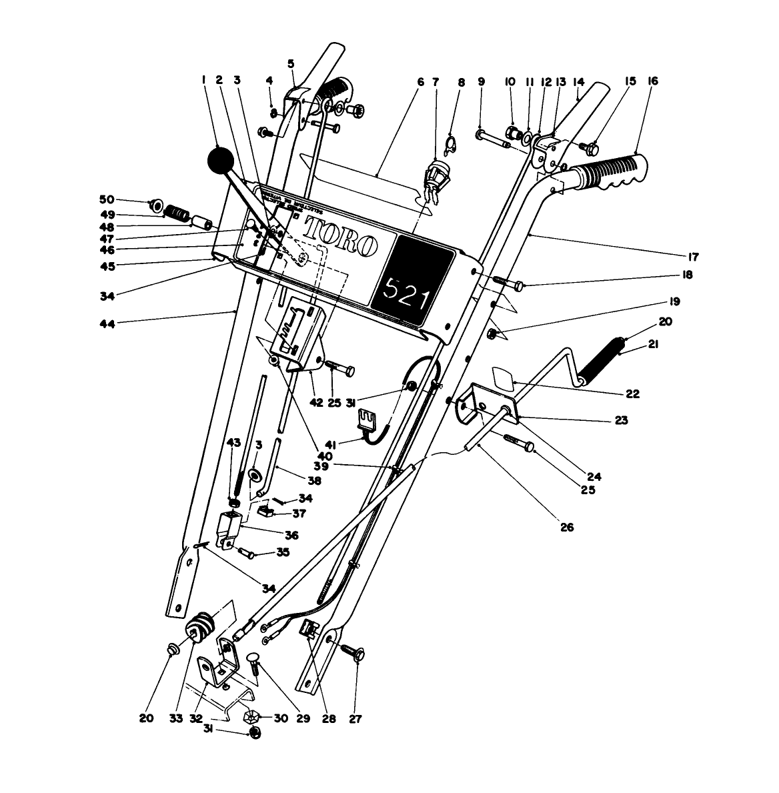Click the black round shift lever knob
click(221, 161)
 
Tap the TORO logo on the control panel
click(341, 237)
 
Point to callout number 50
click(107, 199)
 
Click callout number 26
click(566, 528)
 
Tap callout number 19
click(675, 302)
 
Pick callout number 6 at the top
click(420, 81)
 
